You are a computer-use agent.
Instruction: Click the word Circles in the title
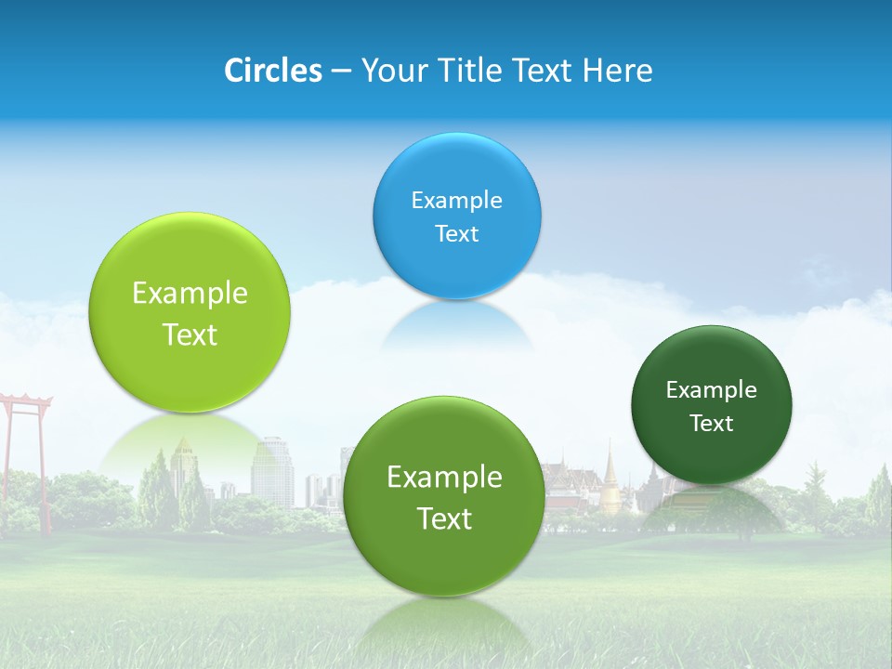point(272,71)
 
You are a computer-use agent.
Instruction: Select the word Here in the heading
point(618,71)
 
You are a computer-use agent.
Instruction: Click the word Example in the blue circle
point(456,200)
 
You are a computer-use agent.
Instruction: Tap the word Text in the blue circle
point(456,233)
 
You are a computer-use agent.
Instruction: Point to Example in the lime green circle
point(190,293)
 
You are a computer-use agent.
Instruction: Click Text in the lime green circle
point(190,334)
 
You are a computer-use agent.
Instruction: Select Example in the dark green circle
point(712,389)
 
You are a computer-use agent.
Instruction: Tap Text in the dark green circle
point(712,424)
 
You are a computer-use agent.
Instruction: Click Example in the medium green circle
point(444,477)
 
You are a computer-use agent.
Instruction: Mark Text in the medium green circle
point(444,518)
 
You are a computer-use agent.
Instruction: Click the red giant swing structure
point(24,437)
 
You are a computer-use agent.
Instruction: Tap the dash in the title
point(340,72)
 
